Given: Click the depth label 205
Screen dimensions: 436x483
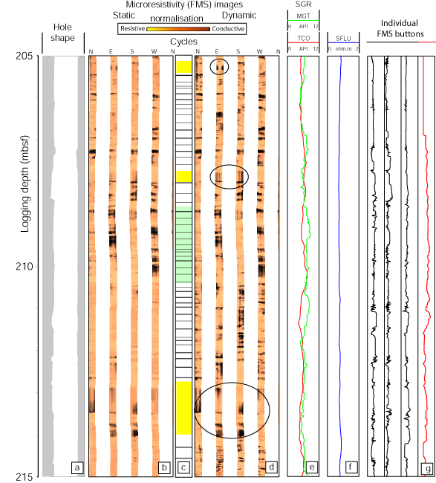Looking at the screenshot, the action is (x=24, y=56).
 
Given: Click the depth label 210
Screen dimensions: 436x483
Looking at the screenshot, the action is (x=24, y=266).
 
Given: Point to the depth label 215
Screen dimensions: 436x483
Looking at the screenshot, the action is (x=24, y=477).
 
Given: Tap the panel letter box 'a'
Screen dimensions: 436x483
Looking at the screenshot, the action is (x=77, y=467).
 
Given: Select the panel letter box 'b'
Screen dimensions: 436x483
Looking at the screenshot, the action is (x=164, y=467).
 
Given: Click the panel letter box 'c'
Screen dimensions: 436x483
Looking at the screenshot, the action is (x=183, y=467).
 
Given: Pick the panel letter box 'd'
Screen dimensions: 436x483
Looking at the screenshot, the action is (x=271, y=467).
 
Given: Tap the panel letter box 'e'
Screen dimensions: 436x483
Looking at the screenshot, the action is (x=312, y=467).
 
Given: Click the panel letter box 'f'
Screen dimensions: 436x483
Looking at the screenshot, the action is (x=351, y=467).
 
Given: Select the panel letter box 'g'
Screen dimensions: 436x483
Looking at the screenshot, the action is (x=428, y=469).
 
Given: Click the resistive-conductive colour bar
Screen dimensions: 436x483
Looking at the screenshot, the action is (x=178, y=29).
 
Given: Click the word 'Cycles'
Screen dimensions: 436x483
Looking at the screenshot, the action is (x=183, y=42).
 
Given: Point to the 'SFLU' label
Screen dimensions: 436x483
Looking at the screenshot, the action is (x=343, y=38).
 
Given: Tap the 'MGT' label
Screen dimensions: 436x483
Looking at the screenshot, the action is (x=303, y=16).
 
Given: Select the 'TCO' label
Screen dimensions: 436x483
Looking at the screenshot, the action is (x=303, y=38).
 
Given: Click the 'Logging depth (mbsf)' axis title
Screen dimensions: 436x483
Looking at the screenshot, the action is (x=25, y=184).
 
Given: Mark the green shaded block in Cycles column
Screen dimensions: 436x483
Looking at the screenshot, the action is (x=183, y=244).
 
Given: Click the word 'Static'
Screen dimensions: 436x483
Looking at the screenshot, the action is (x=124, y=16).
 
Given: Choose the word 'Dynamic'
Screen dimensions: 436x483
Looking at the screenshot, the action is (x=239, y=16).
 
